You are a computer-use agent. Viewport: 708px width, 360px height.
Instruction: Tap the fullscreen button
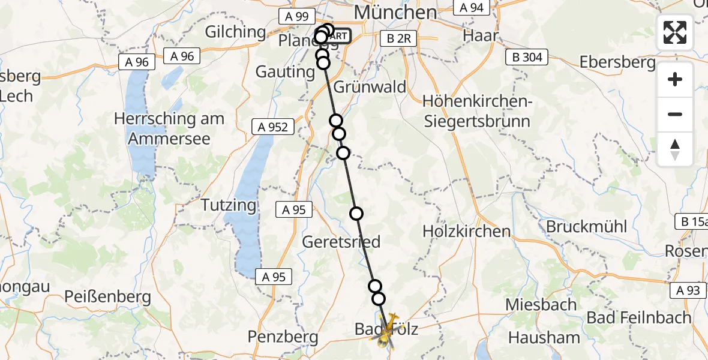point(675,32)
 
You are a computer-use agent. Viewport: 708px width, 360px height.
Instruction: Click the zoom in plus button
point(675,79)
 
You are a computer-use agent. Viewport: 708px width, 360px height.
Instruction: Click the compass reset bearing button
point(675,149)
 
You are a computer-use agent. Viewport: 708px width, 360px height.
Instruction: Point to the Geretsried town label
point(341,242)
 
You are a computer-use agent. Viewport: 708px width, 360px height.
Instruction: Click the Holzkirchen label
point(466,231)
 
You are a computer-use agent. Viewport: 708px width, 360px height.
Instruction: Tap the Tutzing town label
point(228,205)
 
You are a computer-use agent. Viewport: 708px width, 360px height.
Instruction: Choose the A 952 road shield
point(273,127)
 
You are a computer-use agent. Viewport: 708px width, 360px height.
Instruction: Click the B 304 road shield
point(527,58)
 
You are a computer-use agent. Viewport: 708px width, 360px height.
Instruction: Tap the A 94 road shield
point(472,7)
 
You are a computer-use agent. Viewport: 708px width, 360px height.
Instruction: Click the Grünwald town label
point(369,86)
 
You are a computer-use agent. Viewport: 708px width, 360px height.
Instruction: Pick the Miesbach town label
point(541,304)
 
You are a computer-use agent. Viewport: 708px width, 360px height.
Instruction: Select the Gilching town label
point(235,32)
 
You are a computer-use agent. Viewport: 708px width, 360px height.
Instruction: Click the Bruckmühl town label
point(586,227)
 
